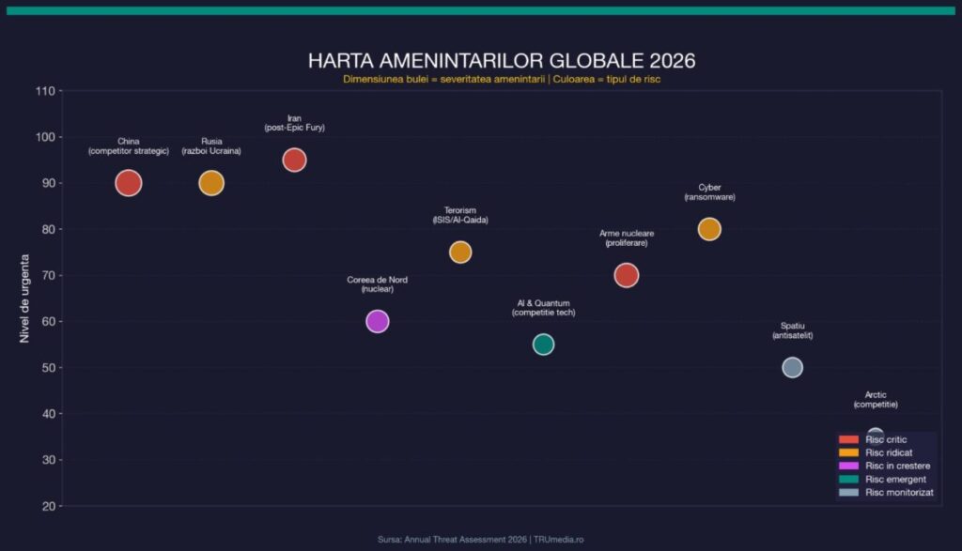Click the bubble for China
[129, 183]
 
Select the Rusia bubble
[211, 183]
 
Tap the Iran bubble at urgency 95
[294, 160]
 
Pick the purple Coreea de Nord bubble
[377, 321]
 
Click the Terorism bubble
[460, 252]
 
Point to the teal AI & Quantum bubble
[543, 344]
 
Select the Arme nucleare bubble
[627, 275]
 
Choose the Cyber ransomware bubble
[709, 229]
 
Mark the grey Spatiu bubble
[792, 367]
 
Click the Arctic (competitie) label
[876, 400]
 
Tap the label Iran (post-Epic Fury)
[294, 123]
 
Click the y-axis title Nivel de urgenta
[25, 298]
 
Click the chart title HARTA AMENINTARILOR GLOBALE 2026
[502, 61]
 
